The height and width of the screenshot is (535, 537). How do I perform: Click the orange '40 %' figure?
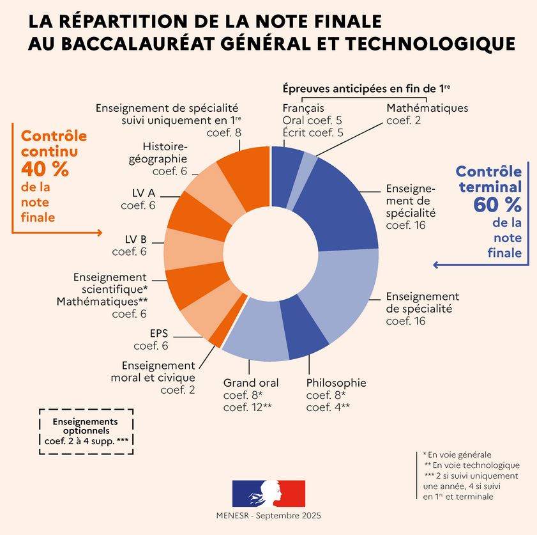tap(45, 169)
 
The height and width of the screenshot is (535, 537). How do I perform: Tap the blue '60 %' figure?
tap(497, 205)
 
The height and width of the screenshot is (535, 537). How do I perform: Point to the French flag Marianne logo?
tap(268, 493)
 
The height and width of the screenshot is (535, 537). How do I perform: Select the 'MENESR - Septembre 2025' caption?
tap(268, 515)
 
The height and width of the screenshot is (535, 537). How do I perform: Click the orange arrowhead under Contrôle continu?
tap(100, 233)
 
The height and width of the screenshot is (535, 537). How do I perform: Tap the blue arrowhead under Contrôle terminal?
tap(436, 265)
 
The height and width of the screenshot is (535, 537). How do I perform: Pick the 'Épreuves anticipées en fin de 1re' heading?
tap(366, 89)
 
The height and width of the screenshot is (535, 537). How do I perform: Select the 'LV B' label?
tap(135, 239)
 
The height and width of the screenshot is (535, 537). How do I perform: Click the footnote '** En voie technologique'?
tap(472, 465)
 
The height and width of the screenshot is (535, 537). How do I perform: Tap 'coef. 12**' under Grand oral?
tap(247, 408)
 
